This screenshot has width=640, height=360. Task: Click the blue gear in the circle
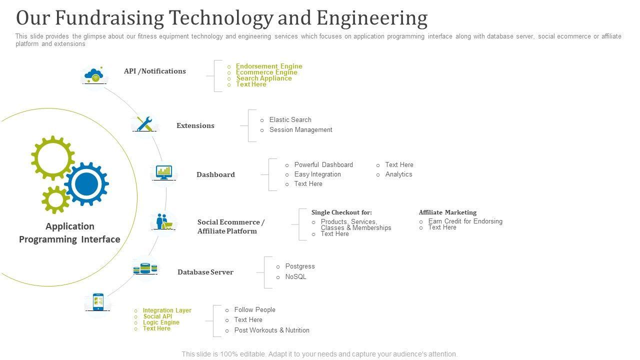tap(86, 184)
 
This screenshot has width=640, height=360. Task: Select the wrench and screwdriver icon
tap(144, 124)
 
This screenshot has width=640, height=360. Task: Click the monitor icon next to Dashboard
tap(164, 172)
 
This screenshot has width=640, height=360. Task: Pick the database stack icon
tap(145, 269)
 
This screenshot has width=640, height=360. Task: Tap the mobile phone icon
tap(98, 302)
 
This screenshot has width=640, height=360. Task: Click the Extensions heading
tap(195, 125)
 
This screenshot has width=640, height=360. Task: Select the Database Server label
tap(205, 272)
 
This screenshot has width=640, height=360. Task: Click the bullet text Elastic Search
tap(290, 120)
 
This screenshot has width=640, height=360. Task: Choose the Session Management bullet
tap(300, 130)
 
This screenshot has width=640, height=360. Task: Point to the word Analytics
tap(398, 174)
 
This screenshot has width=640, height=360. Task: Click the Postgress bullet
tap(300, 266)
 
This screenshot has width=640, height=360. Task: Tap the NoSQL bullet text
tap(295, 277)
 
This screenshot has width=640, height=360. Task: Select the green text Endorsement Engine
tap(269, 66)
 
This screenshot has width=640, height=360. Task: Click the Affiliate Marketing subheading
tap(447, 212)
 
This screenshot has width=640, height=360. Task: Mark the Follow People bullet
tap(254, 310)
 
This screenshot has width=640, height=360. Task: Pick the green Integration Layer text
tap(167, 310)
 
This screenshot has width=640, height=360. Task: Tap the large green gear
tap(52, 158)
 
